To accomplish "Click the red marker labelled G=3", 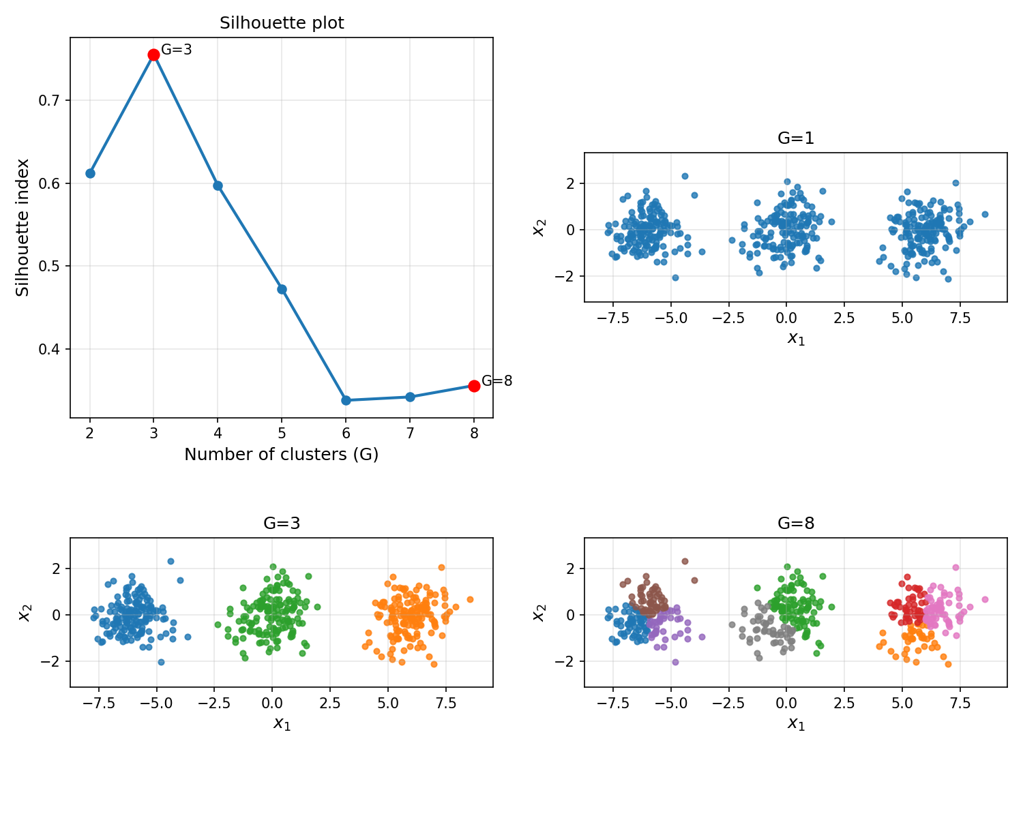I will pyautogui.click(x=153, y=55).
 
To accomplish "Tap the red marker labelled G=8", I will pyautogui.click(x=474, y=386).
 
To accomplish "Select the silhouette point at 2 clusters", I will pyautogui.click(x=90, y=173).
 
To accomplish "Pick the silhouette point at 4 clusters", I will pyautogui.click(x=218, y=185).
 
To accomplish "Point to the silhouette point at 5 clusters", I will pyautogui.click(x=282, y=289).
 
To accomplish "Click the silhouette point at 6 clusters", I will pyautogui.click(x=346, y=400).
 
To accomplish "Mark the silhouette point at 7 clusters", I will pyautogui.click(x=410, y=397).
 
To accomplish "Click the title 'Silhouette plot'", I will pyautogui.click(x=282, y=23).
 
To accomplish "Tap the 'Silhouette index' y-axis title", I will pyautogui.click(x=23, y=228).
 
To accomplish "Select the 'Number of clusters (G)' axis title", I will pyautogui.click(x=281, y=455).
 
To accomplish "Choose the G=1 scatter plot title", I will pyautogui.click(x=796, y=138).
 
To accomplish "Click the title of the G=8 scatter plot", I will pyautogui.click(x=796, y=524).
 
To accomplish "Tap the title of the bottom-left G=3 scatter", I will pyautogui.click(x=282, y=524).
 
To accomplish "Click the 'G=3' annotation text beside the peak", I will pyautogui.click(x=176, y=50).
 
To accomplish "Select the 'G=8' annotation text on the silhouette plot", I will pyautogui.click(x=496, y=381).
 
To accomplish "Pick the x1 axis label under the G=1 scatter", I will pyautogui.click(x=796, y=338).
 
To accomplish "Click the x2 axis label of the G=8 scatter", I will pyautogui.click(x=539, y=612).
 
